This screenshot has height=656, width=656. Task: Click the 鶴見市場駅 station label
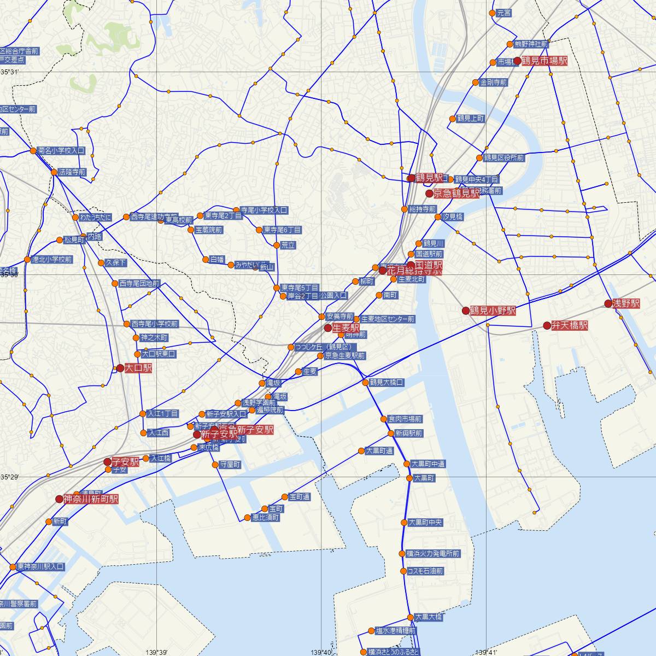pos(544,61)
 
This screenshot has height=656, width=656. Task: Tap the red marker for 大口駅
pos(120,368)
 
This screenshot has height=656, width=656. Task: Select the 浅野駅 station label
pos(625,303)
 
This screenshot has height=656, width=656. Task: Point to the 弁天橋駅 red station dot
pos(547,325)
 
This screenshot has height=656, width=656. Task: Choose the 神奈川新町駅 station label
pos(91,499)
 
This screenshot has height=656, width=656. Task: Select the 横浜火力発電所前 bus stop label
pos(433,554)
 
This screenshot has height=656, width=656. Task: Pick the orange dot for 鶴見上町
pos(453,119)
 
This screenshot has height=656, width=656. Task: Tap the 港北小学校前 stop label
pos(52,260)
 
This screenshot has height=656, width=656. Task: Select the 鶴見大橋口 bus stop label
pos(386,383)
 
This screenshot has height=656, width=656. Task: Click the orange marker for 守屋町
pos(215,465)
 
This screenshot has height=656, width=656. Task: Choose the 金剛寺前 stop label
pos(493,83)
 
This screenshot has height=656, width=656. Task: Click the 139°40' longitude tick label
pos(322,652)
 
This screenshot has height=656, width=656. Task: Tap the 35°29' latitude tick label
pos(10,477)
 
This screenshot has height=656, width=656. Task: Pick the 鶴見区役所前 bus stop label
pos(503,158)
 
